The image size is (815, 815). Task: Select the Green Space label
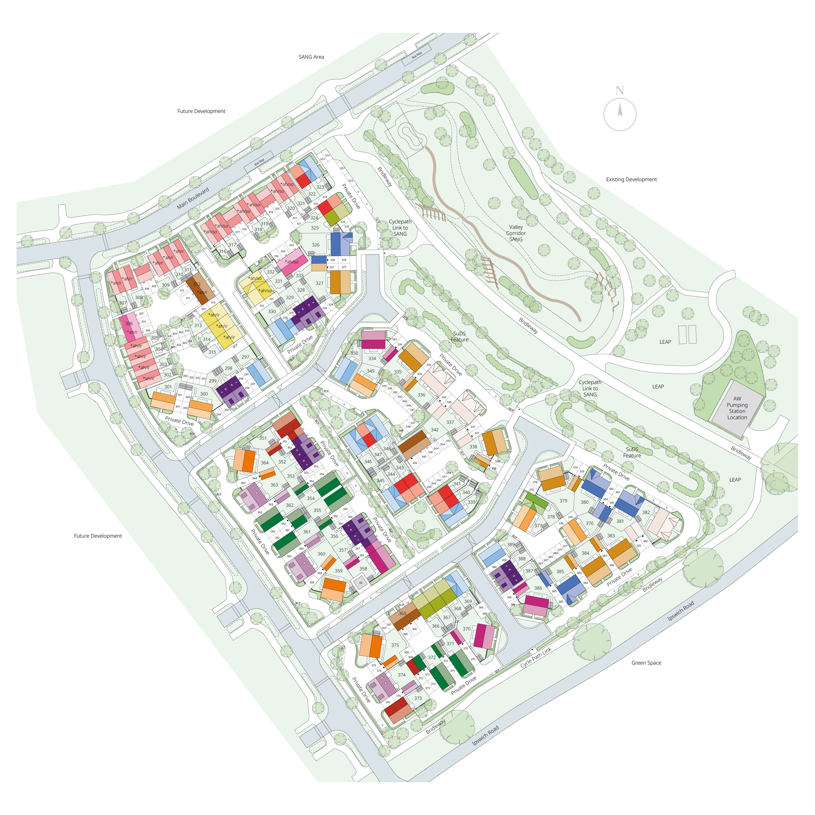[646, 663]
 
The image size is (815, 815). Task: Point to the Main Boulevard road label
[193, 198]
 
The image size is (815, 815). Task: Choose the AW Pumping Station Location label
[737, 408]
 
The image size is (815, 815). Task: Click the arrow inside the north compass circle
[620, 111]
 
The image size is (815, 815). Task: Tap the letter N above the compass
[619, 91]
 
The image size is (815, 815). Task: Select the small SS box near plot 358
[361, 583]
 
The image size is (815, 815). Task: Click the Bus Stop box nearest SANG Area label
[416, 55]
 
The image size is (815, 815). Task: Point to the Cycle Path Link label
[536, 657]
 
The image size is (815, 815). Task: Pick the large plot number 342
[435, 430]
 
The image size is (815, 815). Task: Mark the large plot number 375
[395, 645]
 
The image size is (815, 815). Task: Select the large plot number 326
[316, 245]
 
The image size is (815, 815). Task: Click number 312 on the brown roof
[197, 284]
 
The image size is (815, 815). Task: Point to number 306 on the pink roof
[129, 323]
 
